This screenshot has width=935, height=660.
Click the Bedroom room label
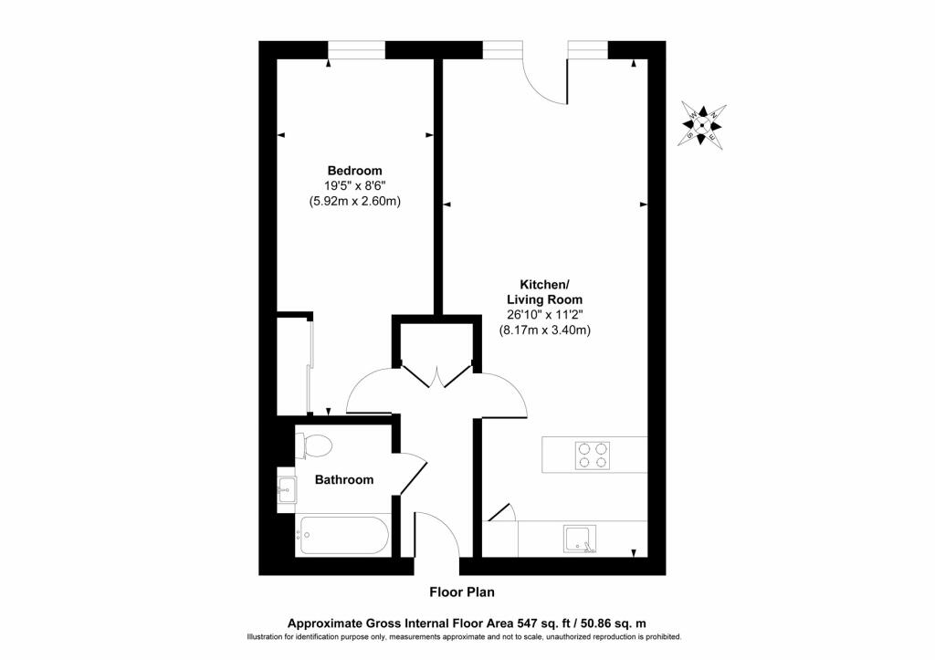(354, 171)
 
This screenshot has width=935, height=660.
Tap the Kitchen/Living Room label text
(544, 292)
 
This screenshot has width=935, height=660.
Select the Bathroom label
(344, 479)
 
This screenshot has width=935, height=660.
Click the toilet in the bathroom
(315, 446)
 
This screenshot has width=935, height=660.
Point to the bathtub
(343, 535)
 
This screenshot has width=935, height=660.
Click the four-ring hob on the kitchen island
(593, 455)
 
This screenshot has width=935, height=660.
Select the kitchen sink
(580, 539)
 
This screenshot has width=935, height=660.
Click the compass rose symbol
(704, 124)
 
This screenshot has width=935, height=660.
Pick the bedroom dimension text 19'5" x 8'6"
(354, 186)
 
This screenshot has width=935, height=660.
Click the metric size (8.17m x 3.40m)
(544, 330)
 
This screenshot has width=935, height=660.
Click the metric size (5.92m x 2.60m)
(354, 202)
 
